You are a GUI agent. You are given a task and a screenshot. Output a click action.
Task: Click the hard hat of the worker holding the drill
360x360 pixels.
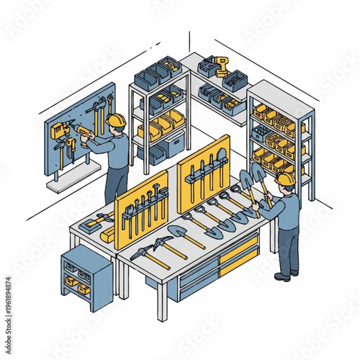(117, 120)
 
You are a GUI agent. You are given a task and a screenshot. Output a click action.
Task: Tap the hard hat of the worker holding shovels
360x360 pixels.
(286, 178)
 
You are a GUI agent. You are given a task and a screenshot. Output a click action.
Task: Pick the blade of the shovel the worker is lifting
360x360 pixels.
(258, 171)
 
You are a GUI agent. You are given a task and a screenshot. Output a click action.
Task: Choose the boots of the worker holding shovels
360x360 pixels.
(283, 275)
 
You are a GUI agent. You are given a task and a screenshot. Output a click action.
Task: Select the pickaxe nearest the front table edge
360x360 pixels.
(148, 256)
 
